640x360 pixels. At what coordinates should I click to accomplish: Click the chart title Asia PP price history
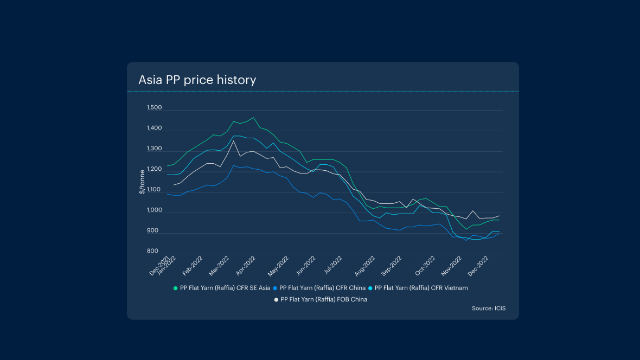pos(197,80)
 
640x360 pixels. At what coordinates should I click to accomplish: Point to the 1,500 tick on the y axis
pos(154,108)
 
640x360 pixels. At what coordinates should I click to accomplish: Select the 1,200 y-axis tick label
pos(154,169)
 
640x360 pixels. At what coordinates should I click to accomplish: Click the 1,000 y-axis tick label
pos(154,210)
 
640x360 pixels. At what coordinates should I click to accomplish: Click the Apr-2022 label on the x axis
pos(246,266)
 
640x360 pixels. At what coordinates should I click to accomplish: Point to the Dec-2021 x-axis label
pos(158,265)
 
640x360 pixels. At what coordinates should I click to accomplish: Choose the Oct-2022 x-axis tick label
pos(426,266)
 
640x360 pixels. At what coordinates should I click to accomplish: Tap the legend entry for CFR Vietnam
pos(421,288)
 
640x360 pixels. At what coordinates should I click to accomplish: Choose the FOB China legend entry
pos(324,299)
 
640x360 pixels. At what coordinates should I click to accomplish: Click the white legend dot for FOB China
pos(276,299)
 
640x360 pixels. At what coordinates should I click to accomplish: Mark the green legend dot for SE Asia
pos(175,288)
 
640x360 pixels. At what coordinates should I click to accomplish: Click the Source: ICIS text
pos(489,308)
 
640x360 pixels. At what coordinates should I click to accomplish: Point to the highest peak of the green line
pos(253,117)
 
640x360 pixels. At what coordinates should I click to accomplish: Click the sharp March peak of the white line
pos(234,141)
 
